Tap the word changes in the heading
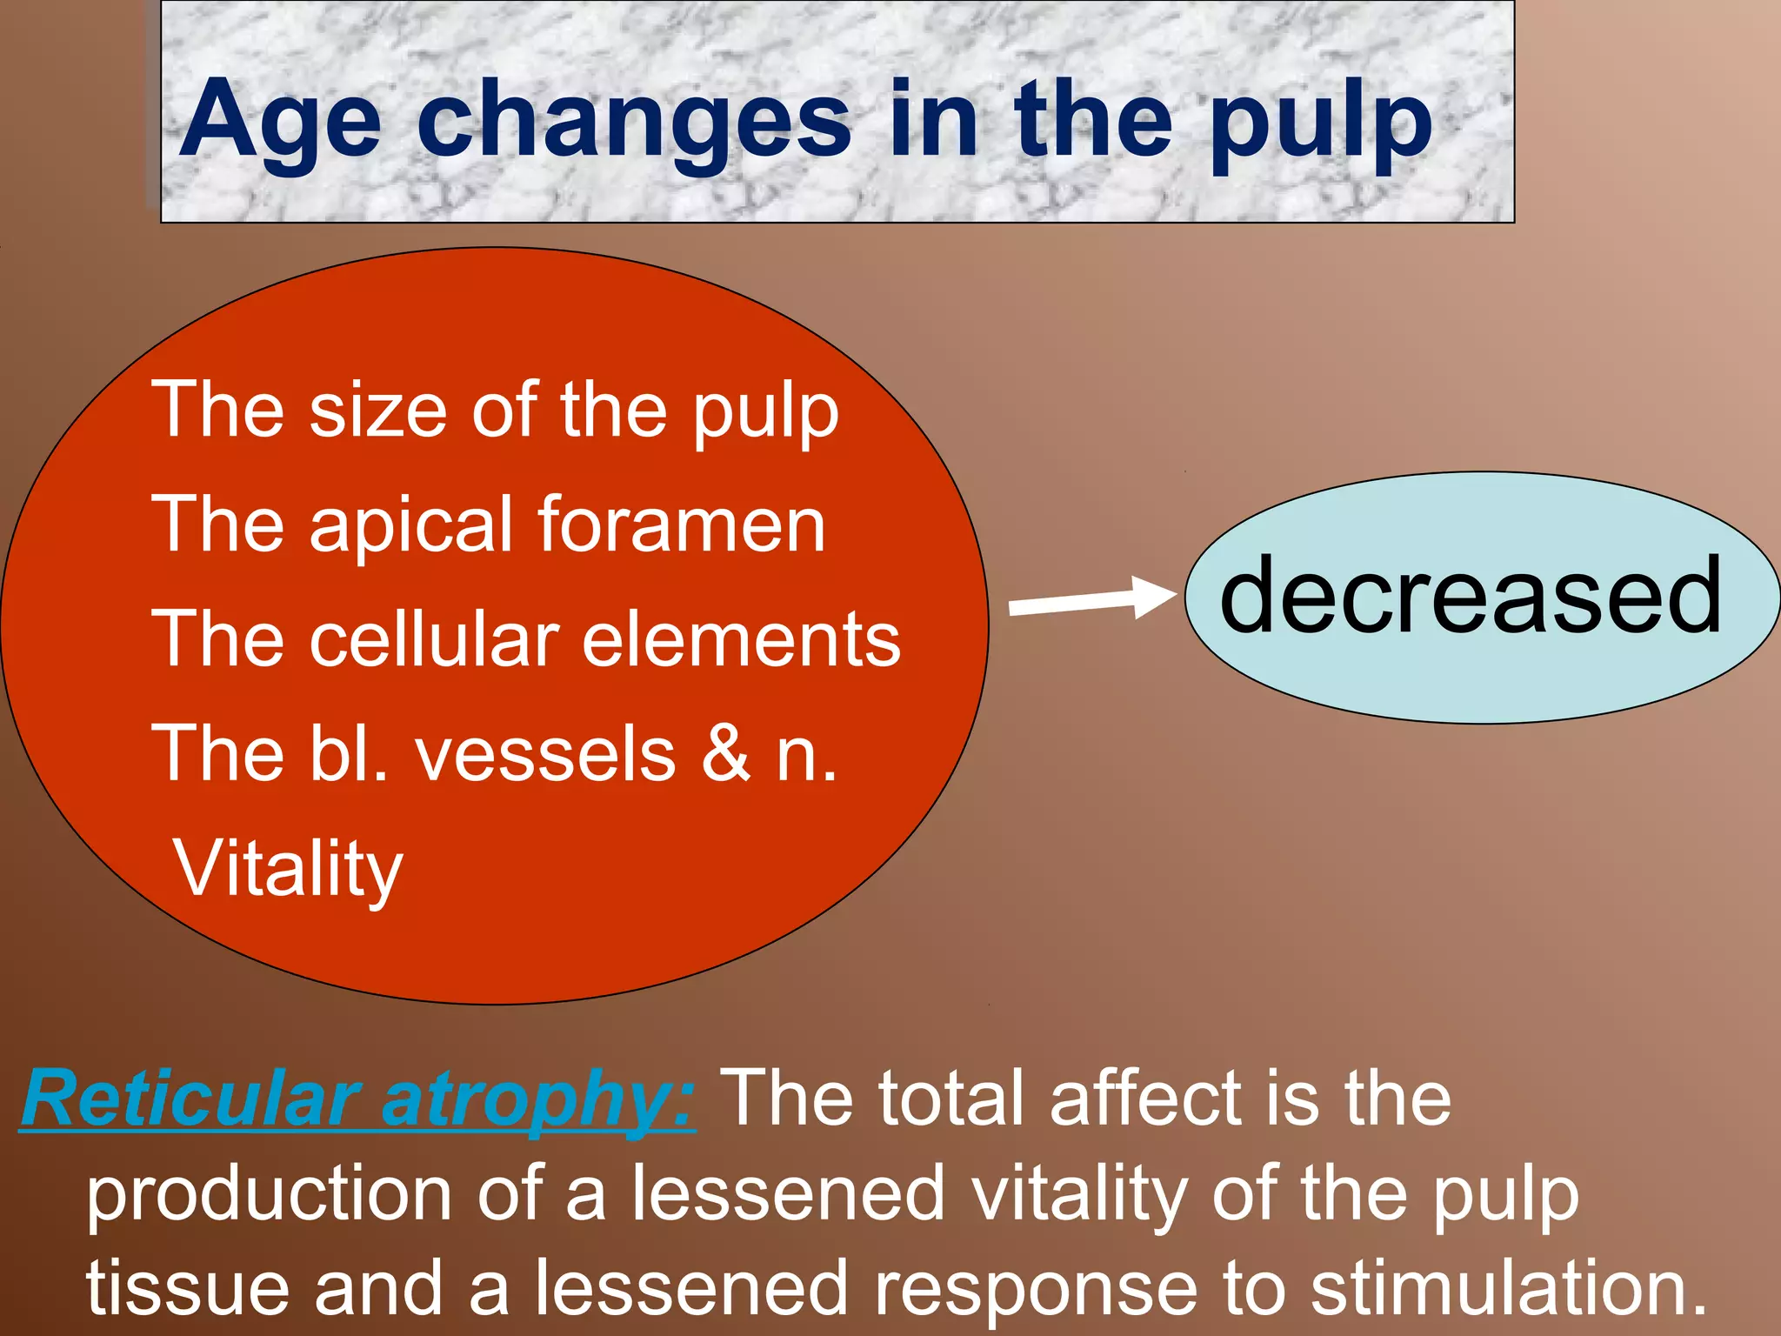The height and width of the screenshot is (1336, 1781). click(633, 122)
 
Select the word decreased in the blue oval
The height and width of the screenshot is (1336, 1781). click(1470, 597)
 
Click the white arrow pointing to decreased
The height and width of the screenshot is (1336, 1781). click(1091, 598)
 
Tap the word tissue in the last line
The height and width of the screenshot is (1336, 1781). click(187, 1288)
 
